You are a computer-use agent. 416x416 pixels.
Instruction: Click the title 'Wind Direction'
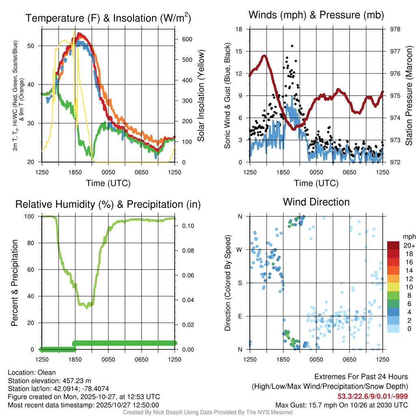pos(316,202)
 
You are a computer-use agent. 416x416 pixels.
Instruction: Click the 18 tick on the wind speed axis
pos(239,29)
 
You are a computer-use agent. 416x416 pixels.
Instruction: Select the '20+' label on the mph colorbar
pos(409,245)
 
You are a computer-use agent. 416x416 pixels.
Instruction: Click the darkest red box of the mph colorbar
pos(393,245)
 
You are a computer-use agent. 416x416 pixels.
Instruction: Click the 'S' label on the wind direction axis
pos(240,283)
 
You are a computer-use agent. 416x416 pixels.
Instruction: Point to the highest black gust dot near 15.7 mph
pos(292,46)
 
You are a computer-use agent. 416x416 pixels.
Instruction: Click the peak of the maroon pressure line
pos(264,56)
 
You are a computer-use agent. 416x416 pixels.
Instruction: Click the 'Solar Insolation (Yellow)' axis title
pos(201,95)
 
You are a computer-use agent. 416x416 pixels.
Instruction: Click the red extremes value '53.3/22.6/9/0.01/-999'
pos(373,396)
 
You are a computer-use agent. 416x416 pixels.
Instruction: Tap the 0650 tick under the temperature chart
pos(141,172)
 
